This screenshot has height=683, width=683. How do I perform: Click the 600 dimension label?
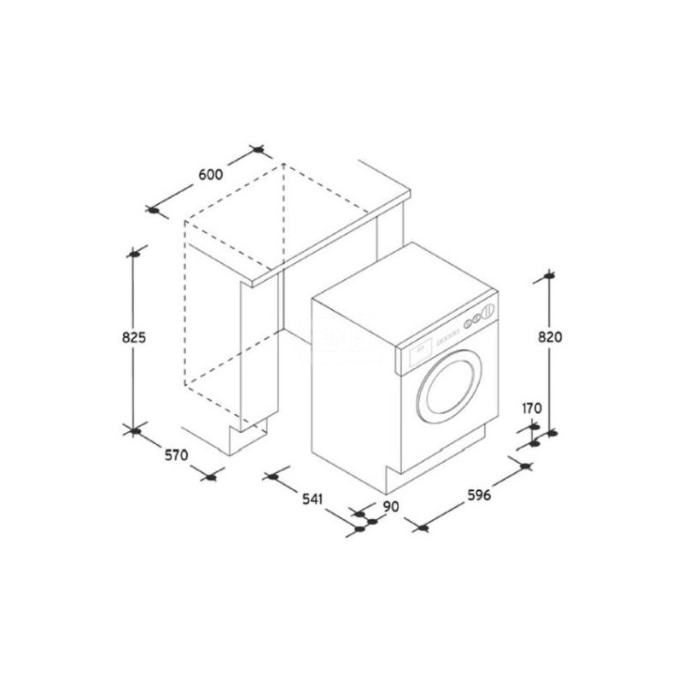coord(210,174)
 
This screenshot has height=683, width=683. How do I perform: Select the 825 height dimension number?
coord(134,337)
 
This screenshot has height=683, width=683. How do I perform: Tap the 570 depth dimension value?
coord(177,455)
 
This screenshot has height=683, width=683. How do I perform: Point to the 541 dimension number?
coord(312,499)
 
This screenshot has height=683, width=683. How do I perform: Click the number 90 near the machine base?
coord(391,506)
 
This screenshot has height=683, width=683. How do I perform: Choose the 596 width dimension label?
coord(479,495)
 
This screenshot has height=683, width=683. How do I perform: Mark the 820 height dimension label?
coord(550,336)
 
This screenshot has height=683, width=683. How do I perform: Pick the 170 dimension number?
coord(532,408)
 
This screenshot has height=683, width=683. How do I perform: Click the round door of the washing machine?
coord(449,387)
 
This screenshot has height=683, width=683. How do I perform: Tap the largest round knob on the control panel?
coord(488,310)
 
